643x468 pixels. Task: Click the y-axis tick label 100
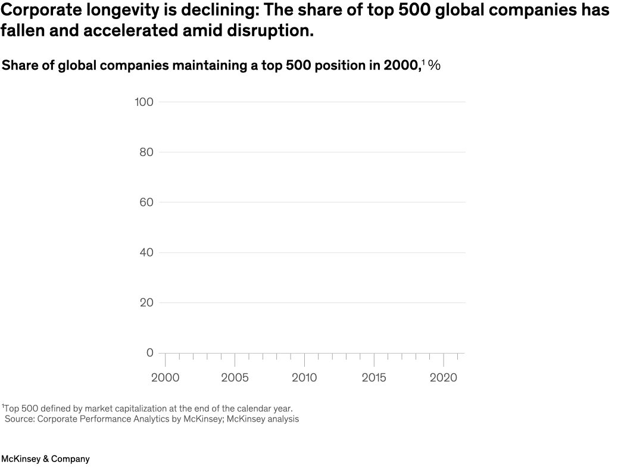[143, 102]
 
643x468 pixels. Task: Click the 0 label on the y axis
[149, 353]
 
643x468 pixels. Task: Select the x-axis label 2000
[165, 377]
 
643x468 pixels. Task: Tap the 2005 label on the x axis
[235, 377]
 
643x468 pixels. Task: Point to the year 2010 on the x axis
[304, 377]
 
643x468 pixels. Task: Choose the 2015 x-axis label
[374, 377]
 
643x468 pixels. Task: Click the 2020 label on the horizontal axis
[444, 377]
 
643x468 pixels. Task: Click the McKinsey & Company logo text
[45, 459]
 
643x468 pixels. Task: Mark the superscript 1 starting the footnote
[3, 407]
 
